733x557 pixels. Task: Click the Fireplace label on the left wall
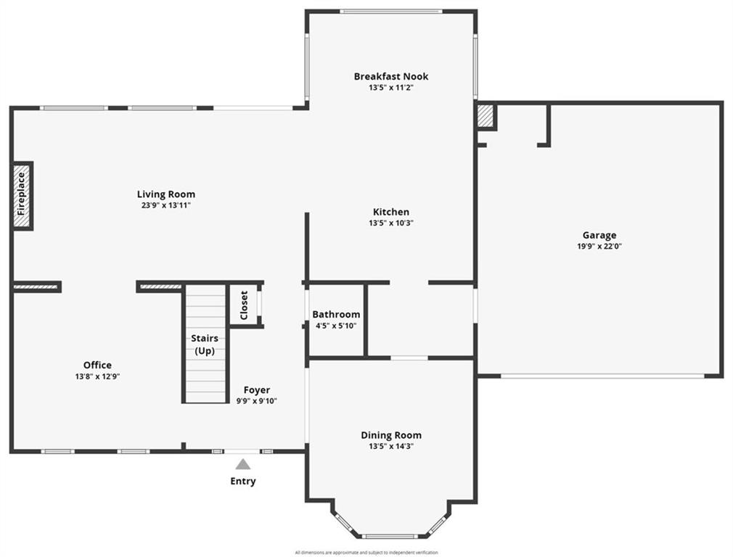(x=22, y=196)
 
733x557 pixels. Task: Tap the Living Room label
(x=166, y=194)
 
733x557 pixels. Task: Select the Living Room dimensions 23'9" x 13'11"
(x=166, y=205)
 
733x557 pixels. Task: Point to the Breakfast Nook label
(x=391, y=76)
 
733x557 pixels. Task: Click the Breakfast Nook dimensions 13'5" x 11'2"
(x=391, y=87)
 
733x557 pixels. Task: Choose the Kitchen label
(x=391, y=213)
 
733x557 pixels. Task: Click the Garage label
(x=599, y=235)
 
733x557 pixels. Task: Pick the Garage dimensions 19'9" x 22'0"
(x=599, y=246)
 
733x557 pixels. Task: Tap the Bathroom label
(x=336, y=315)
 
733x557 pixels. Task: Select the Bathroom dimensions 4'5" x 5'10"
(x=336, y=326)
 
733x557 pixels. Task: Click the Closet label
(x=244, y=305)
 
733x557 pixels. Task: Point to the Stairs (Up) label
(x=204, y=344)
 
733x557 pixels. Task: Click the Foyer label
(x=257, y=389)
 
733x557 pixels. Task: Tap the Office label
(x=97, y=366)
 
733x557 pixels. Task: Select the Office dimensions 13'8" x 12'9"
(x=97, y=376)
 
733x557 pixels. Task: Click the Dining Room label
(x=391, y=435)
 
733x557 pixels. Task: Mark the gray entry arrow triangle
(x=243, y=465)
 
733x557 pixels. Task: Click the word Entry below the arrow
(x=243, y=481)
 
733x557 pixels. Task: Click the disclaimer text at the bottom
(x=366, y=553)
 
